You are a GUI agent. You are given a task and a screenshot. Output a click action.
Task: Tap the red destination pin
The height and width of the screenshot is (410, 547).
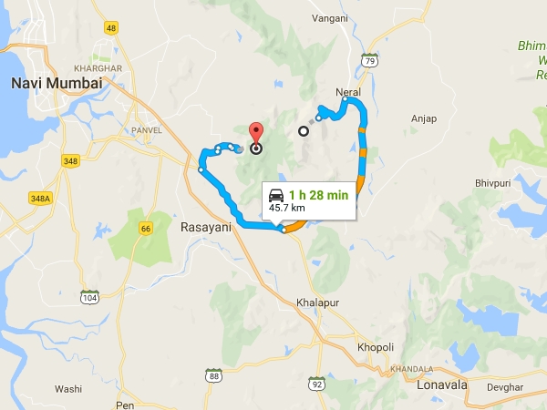pos(256,136)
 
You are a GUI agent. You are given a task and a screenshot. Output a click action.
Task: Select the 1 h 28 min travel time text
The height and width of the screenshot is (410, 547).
pos(319,194)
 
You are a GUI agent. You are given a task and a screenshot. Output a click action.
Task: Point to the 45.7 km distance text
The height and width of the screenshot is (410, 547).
pos(286,209)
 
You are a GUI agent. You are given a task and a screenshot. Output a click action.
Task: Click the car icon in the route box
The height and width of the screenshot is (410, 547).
pos(276,194)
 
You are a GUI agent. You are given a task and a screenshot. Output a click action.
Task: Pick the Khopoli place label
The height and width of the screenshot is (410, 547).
pos(375,347)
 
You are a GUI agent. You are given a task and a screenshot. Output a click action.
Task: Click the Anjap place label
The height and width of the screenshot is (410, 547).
pos(424,118)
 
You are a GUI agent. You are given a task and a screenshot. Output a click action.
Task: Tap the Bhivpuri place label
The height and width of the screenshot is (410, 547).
pos(495,183)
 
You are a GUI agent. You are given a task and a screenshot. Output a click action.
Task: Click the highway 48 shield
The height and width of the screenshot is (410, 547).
pos(112,28)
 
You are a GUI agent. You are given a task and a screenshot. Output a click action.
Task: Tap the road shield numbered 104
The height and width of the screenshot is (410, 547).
pos(89,298)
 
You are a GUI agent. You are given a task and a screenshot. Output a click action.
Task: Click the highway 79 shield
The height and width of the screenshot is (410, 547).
pos(368,60)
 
